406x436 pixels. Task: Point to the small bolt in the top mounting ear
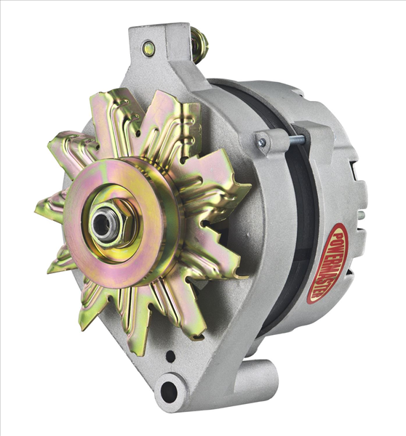[148, 49]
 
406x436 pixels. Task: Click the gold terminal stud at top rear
[199, 45]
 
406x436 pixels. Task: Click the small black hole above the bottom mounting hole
[170, 357]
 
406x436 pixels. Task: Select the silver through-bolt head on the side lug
[261, 143]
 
